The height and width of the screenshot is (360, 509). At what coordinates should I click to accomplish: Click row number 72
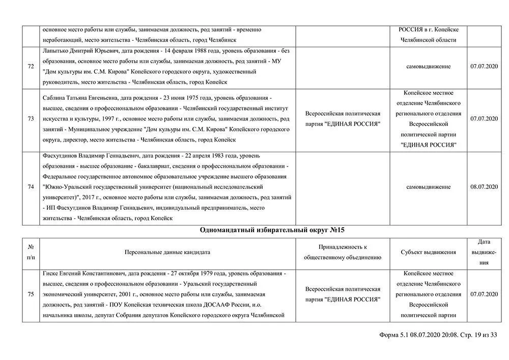[x=31, y=66]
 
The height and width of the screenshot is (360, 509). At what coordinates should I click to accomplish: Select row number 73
[x=31, y=119]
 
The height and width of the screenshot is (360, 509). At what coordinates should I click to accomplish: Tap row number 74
[x=31, y=187]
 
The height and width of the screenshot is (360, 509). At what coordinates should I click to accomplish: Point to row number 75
[x=31, y=294]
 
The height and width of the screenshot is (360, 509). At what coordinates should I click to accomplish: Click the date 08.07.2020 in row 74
[x=484, y=187]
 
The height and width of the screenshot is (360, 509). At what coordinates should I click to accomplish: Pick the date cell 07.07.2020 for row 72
[x=484, y=66]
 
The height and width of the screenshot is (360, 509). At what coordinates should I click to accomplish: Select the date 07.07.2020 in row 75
[x=484, y=294]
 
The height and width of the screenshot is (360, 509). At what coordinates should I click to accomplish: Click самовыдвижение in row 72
[x=428, y=66]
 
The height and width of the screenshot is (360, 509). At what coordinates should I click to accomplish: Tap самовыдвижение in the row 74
[x=428, y=187]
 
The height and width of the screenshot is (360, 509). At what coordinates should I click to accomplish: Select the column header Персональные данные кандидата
[x=167, y=252]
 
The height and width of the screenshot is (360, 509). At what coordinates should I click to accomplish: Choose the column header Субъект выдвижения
[x=428, y=252]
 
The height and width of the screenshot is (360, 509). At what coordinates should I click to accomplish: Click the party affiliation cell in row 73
[x=343, y=119]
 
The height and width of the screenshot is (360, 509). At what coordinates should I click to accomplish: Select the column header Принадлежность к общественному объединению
[x=343, y=252]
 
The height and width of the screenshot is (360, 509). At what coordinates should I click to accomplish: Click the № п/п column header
[x=31, y=252]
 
